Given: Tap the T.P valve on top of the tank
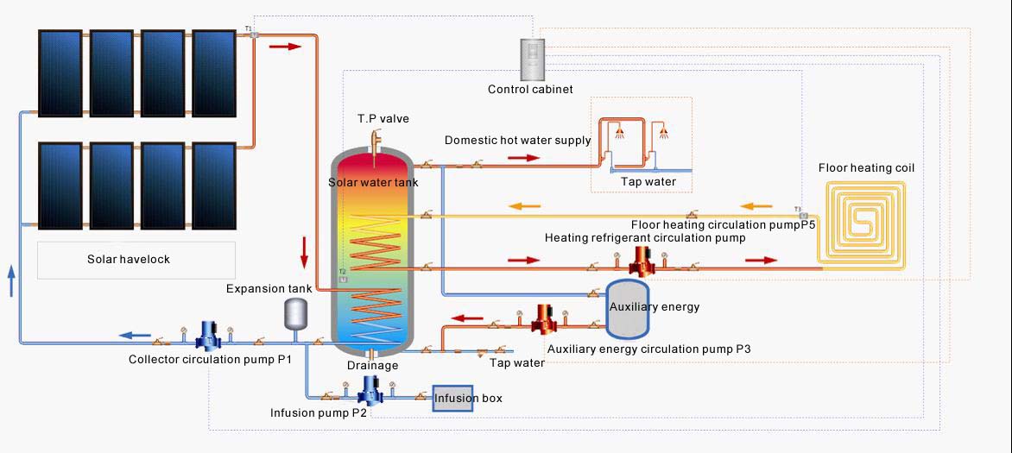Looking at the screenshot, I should (x=376, y=139).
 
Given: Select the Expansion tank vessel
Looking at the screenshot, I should (x=296, y=313).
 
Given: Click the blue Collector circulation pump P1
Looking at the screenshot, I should (x=208, y=335).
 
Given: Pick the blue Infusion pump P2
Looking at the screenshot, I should (x=371, y=392).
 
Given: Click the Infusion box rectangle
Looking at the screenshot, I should (x=453, y=398).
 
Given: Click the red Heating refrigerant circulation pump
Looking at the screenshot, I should (x=641, y=259).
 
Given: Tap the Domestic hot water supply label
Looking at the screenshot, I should (x=518, y=140).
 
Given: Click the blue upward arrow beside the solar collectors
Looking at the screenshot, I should (x=11, y=280).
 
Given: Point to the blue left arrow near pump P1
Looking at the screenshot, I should (x=133, y=336).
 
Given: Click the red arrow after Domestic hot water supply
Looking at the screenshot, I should (x=523, y=158).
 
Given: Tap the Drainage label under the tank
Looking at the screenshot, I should (x=372, y=365).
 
